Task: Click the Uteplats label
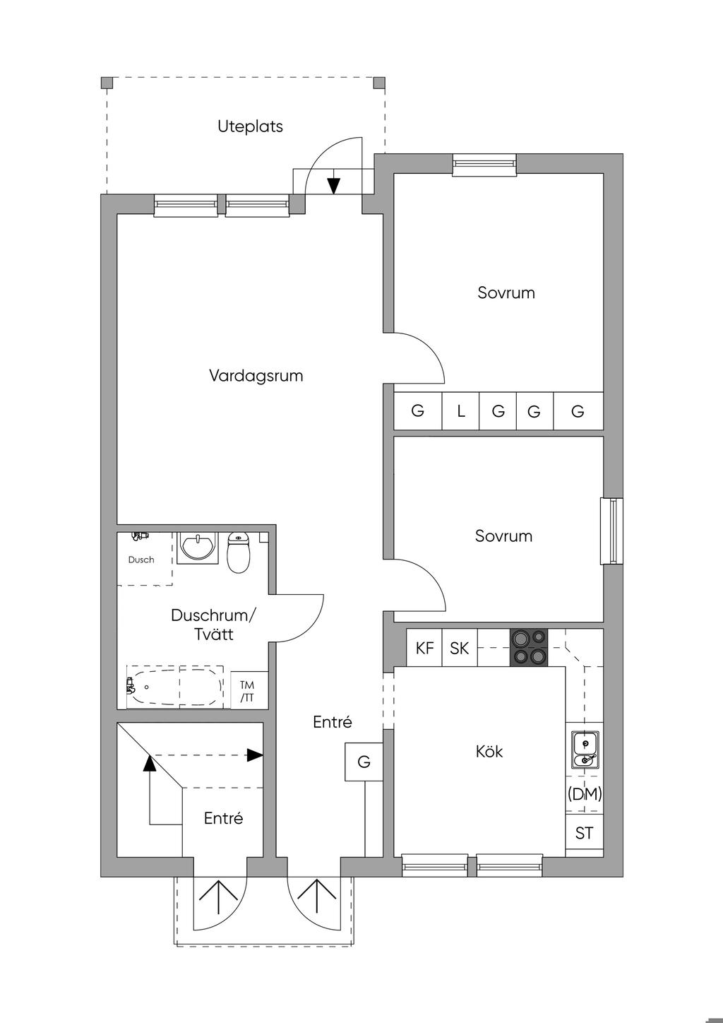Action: (250, 126)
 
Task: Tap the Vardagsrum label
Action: (256, 375)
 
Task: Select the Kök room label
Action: (489, 751)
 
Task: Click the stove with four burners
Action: (529, 647)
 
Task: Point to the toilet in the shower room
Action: (238, 552)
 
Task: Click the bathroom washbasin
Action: (197, 548)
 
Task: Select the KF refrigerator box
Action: (424, 647)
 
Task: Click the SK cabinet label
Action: (459, 648)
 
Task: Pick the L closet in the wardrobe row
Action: (460, 410)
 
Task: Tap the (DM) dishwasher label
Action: (584, 793)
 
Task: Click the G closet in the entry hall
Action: (364, 762)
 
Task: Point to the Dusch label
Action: (141, 560)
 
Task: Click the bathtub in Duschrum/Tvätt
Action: (175, 687)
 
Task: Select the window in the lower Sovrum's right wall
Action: (611, 531)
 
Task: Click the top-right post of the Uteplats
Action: (379, 83)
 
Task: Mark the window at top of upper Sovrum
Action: (484, 165)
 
